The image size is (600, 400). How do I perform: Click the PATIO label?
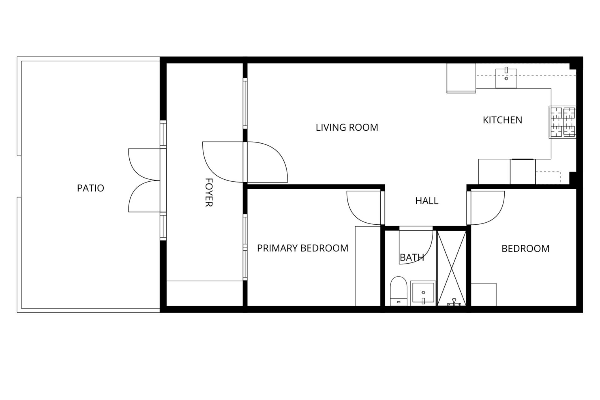pos(90,188)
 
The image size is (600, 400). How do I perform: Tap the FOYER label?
pos(209,192)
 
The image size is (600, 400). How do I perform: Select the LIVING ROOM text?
pos(347,127)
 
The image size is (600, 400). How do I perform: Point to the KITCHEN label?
pos(502,120)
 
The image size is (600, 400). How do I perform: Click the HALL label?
pos(427,201)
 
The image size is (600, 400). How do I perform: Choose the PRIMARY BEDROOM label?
pos(302,248)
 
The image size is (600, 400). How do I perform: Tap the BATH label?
pos(412,257)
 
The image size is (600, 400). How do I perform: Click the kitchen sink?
pos(506,78)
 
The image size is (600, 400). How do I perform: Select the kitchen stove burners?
pos(562,122)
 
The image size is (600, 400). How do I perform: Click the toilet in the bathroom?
pos(398,291)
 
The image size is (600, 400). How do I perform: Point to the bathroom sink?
pos(423,293)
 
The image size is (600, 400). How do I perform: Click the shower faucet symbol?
pos(452,303)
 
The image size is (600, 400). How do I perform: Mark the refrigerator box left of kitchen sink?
pos(461,78)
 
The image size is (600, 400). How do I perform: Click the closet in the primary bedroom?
pos(367,266)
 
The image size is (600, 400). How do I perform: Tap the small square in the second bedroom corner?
pos(483,294)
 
